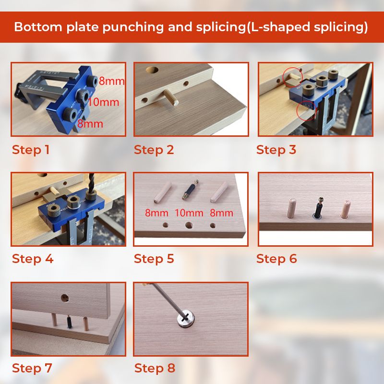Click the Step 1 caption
tap(31, 150)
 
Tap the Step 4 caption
tap(33, 259)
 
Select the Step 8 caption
tap(155, 368)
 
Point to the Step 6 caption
tap(276, 259)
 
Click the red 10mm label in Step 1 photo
tap(103, 102)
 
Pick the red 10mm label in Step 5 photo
tap(189, 213)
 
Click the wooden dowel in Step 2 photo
tap(171, 97)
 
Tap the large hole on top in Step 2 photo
tap(152, 70)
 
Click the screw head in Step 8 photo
tap(186, 319)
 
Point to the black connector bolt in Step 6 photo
tap(318, 208)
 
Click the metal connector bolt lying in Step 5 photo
tap(190, 189)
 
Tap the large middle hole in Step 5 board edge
tap(189, 225)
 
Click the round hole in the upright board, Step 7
tap(65, 298)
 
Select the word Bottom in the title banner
tap(38, 27)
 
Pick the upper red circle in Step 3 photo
tap(293, 76)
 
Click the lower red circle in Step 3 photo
tap(306, 110)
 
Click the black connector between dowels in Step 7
tap(69, 322)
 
